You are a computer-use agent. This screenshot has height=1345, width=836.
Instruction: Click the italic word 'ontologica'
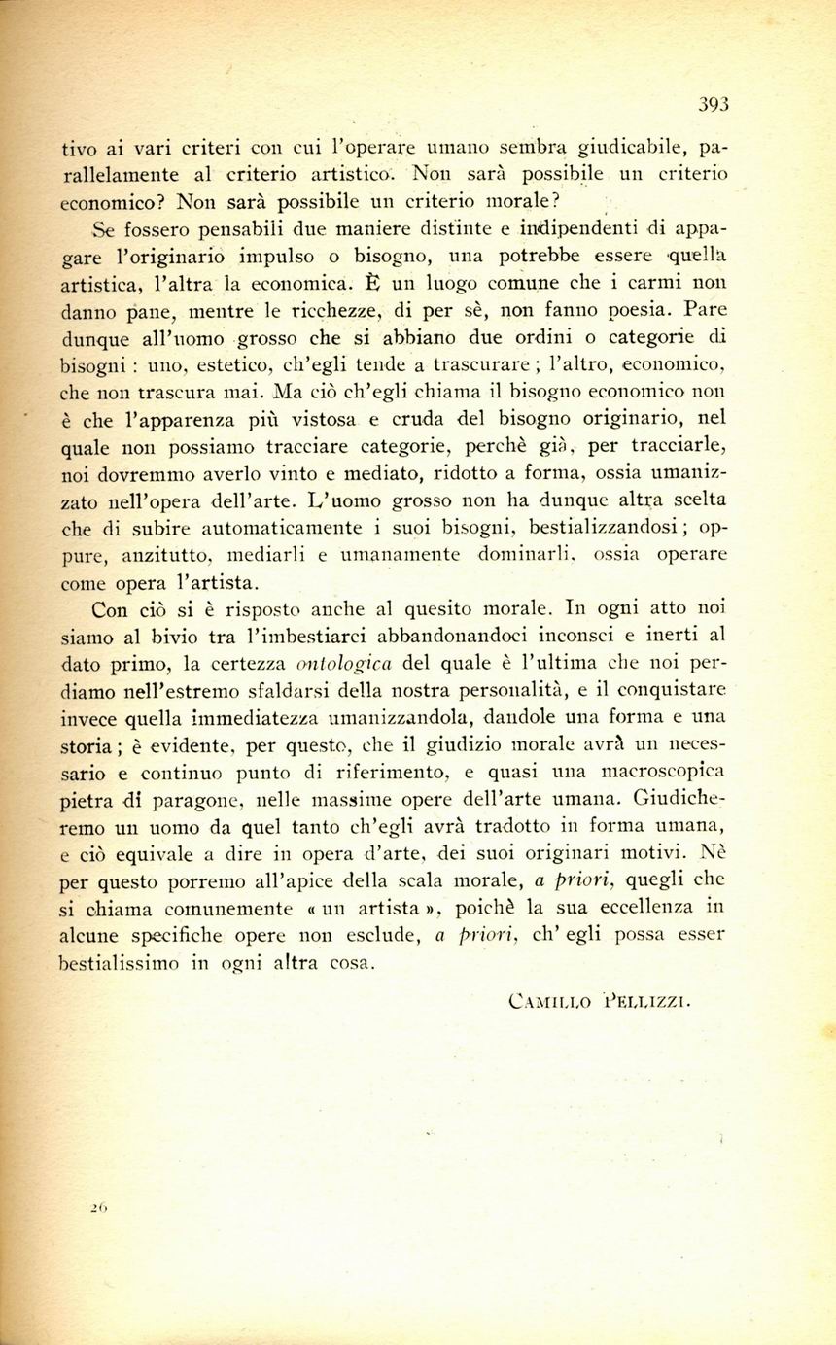click(345, 665)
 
